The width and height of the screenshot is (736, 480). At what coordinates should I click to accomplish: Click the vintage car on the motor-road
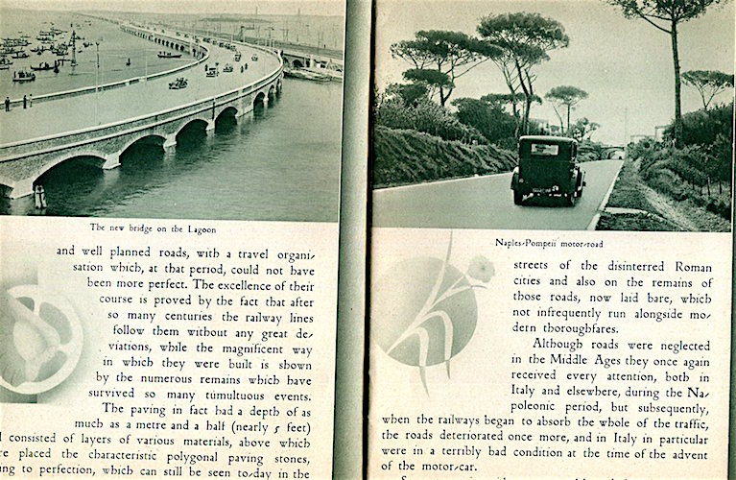pyautogui.click(x=548, y=171)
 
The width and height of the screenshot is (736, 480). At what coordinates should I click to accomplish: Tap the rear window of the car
pyautogui.click(x=545, y=149)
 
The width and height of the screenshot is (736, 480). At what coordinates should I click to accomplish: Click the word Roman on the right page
pyautogui.click(x=677, y=264)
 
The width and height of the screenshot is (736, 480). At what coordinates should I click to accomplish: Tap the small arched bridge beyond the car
pyautogui.click(x=610, y=152)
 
